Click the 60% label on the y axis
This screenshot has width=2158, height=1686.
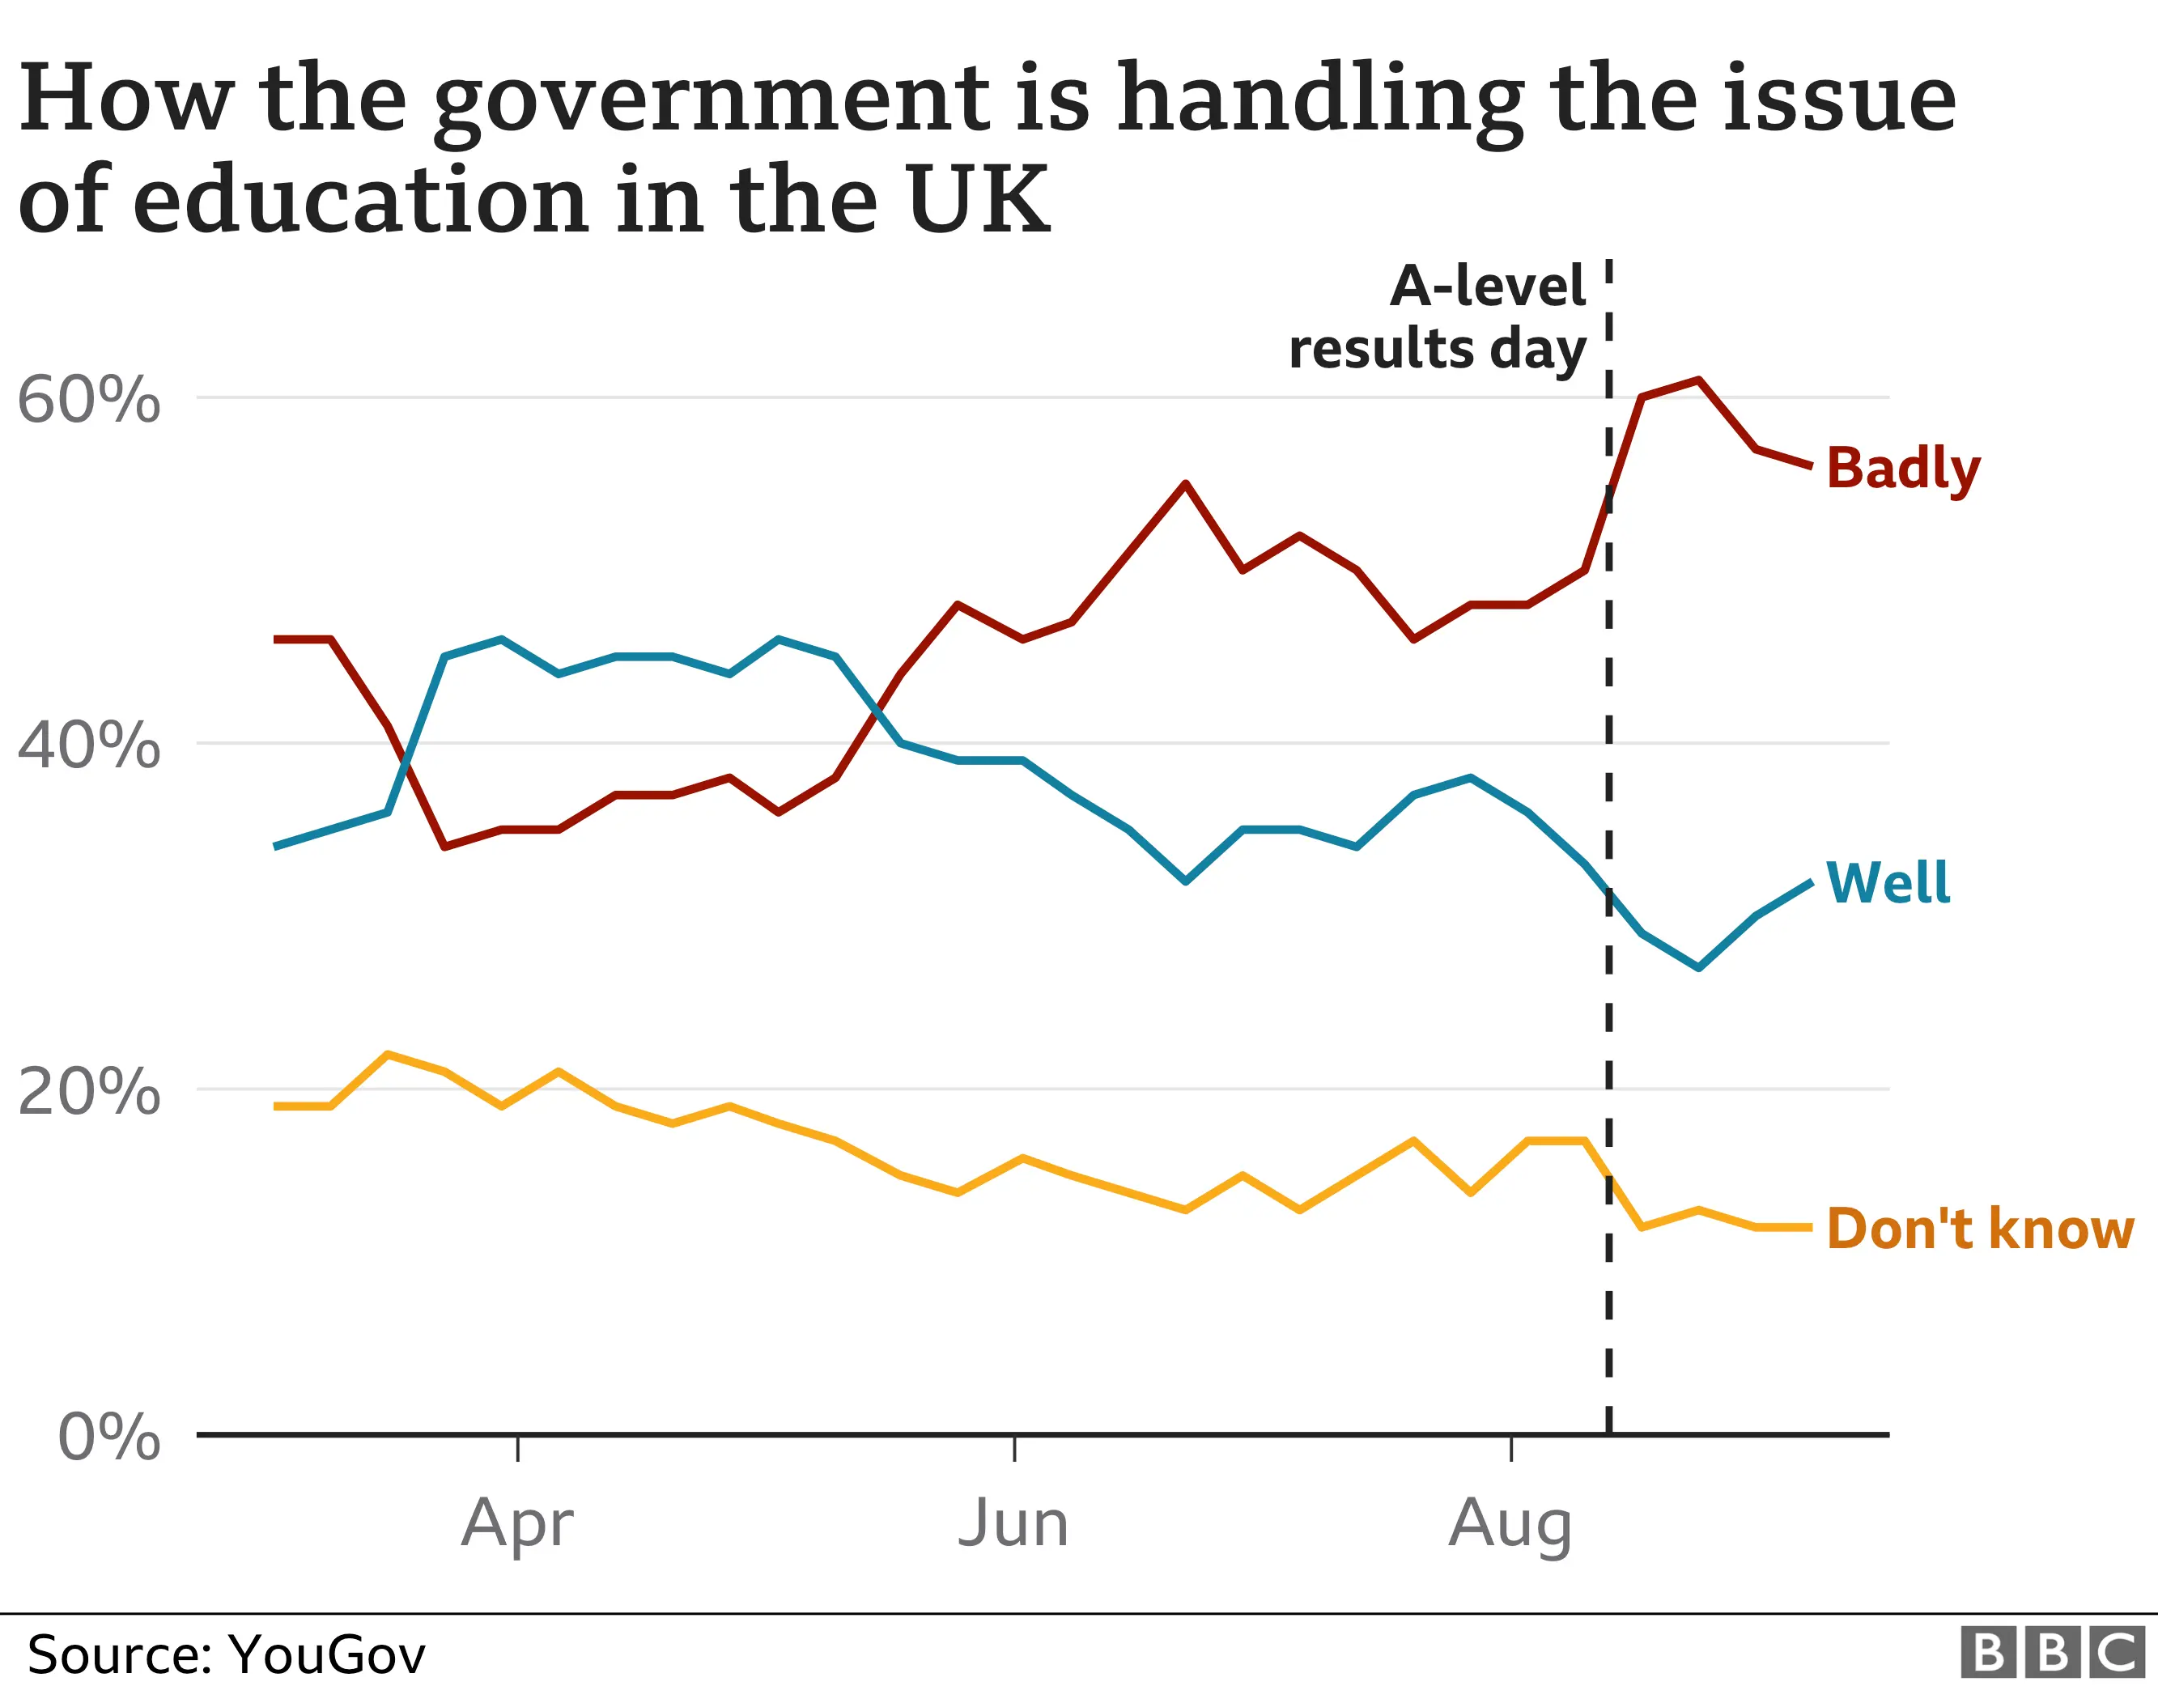(x=89, y=400)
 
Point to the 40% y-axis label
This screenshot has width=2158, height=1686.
(x=89, y=745)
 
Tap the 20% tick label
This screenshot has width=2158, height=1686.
(x=89, y=1092)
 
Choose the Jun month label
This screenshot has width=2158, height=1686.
(x=1013, y=1523)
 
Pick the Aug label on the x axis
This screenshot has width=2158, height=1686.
(x=1510, y=1524)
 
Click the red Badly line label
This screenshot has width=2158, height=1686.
(x=1902, y=469)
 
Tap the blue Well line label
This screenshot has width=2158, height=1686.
(x=1888, y=882)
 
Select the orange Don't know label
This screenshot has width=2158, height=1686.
(x=1980, y=1229)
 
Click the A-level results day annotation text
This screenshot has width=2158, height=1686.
(x=1438, y=317)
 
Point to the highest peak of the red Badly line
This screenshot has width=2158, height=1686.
(x=1698, y=380)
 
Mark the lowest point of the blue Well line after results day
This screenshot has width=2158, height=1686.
(x=1698, y=967)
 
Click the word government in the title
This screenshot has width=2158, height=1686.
(x=712, y=99)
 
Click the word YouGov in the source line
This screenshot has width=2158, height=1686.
(x=326, y=1654)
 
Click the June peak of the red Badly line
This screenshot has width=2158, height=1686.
(x=1186, y=483)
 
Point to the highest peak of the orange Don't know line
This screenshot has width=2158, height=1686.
(x=389, y=1055)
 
